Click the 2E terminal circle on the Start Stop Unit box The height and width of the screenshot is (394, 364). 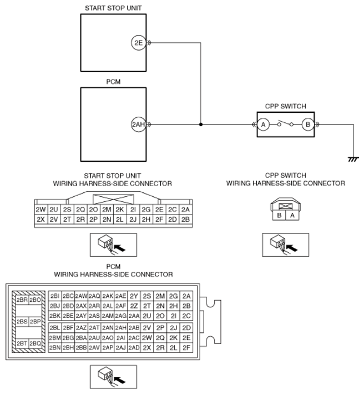[139, 43]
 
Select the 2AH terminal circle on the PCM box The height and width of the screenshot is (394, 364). [139, 124]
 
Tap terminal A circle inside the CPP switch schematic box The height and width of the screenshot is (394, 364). [263, 124]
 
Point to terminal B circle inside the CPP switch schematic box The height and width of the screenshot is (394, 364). [308, 124]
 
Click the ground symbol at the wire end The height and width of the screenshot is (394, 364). [353, 159]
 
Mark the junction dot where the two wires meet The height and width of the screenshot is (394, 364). [201, 124]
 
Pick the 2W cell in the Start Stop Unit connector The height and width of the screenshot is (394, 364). [41, 210]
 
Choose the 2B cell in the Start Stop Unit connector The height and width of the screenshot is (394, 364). [185, 220]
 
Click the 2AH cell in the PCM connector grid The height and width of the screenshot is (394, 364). [120, 328]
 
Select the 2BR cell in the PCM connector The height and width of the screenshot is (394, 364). [22, 300]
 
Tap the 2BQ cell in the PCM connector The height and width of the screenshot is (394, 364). [35, 343]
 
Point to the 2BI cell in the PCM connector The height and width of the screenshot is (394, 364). [55, 296]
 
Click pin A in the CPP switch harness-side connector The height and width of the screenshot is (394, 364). [292, 216]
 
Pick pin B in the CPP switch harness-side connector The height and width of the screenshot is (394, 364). [279, 216]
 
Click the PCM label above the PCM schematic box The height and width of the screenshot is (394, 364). [113, 82]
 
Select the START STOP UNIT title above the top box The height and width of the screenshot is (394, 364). [113, 8]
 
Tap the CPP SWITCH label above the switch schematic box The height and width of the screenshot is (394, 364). [285, 106]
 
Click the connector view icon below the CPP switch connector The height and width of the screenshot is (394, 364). [285, 245]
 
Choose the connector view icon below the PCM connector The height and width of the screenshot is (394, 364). [113, 377]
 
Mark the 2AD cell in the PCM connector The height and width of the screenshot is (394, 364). [134, 347]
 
